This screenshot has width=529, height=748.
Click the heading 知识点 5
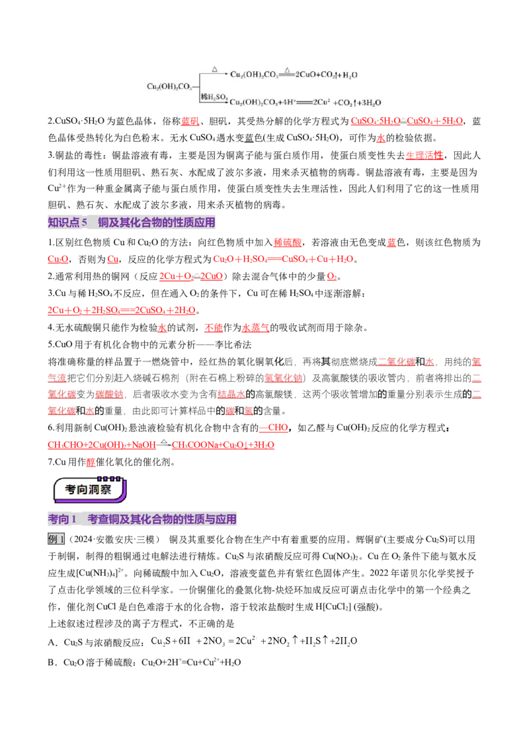point(67,222)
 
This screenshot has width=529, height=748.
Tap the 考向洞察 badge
point(90,490)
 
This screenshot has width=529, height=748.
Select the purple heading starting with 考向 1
point(142,519)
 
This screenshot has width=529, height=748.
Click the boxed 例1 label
point(56,540)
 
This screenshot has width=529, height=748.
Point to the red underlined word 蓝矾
point(190,121)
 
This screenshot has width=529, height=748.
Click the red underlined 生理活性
point(425,155)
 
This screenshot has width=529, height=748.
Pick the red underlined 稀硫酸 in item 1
point(288,243)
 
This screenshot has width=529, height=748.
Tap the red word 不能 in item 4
point(214,328)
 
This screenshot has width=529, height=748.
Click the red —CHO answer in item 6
point(274,428)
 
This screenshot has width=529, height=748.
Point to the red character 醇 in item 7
point(91,462)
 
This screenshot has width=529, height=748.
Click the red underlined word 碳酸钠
point(109,394)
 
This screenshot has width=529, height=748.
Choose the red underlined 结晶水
point(231,394)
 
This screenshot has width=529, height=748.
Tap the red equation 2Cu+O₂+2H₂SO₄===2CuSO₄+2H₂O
point(122,310)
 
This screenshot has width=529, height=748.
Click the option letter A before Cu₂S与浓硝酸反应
point(52,642)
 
